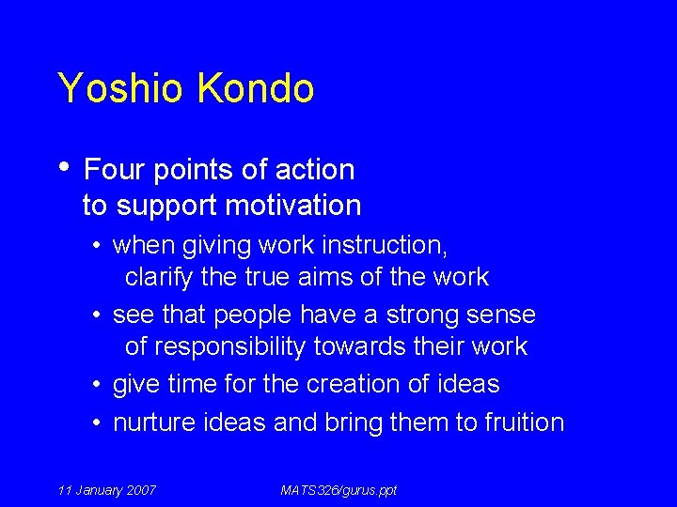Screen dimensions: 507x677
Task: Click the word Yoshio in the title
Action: click(x=121, y=89)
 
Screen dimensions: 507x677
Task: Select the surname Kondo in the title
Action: click(x=255, y=89)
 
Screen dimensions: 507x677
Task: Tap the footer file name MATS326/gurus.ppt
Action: click(x=338, y=490)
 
